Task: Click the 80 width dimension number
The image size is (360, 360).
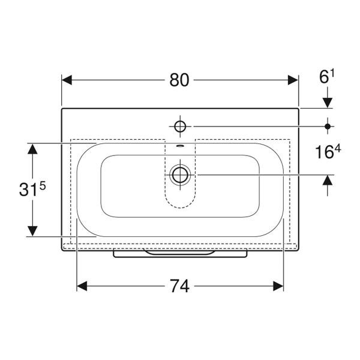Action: coord(179,80)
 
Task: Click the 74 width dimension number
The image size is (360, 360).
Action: coord(180,286)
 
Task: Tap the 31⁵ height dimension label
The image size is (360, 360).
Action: coord(32,190)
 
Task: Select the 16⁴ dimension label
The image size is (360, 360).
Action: coord(328,152)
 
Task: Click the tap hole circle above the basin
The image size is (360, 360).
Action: coord(180,126)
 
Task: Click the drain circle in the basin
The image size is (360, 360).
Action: coord(180,175)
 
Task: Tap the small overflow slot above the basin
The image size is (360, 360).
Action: coord(180,146)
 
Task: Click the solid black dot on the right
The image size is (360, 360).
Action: coord(328,126)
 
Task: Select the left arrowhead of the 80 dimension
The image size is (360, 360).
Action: coord(67,80)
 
